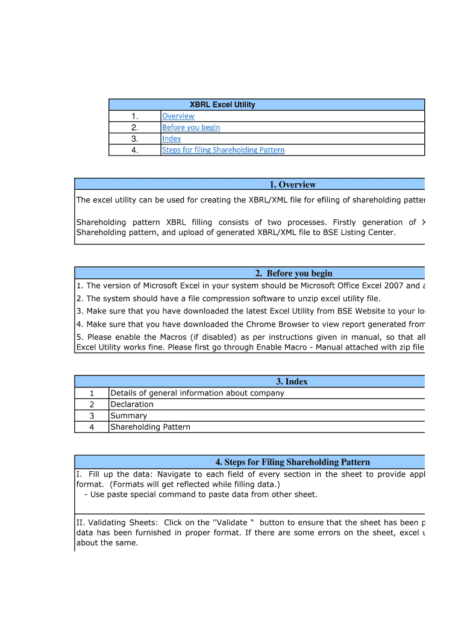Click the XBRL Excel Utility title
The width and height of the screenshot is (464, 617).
click(222, 105)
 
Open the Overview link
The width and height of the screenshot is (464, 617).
click(178, 116)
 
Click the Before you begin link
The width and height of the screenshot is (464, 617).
click(190, 128)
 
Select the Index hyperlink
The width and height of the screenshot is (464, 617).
click(171, 139)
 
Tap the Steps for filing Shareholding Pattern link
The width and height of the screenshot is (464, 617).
click(223, 150)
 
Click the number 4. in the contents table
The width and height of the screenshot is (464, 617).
click(134, 150)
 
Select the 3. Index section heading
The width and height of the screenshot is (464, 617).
click(292, 381)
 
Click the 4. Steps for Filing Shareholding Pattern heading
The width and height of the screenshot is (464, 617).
click(292, 462)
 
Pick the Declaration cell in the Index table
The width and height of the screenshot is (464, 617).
click(132, 404)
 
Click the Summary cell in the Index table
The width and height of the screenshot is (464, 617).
click(128, 416)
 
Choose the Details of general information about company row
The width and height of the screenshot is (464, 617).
click(197, 393)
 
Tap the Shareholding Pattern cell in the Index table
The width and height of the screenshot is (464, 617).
click(150, 427)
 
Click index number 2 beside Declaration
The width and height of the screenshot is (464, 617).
click(92, 404)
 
